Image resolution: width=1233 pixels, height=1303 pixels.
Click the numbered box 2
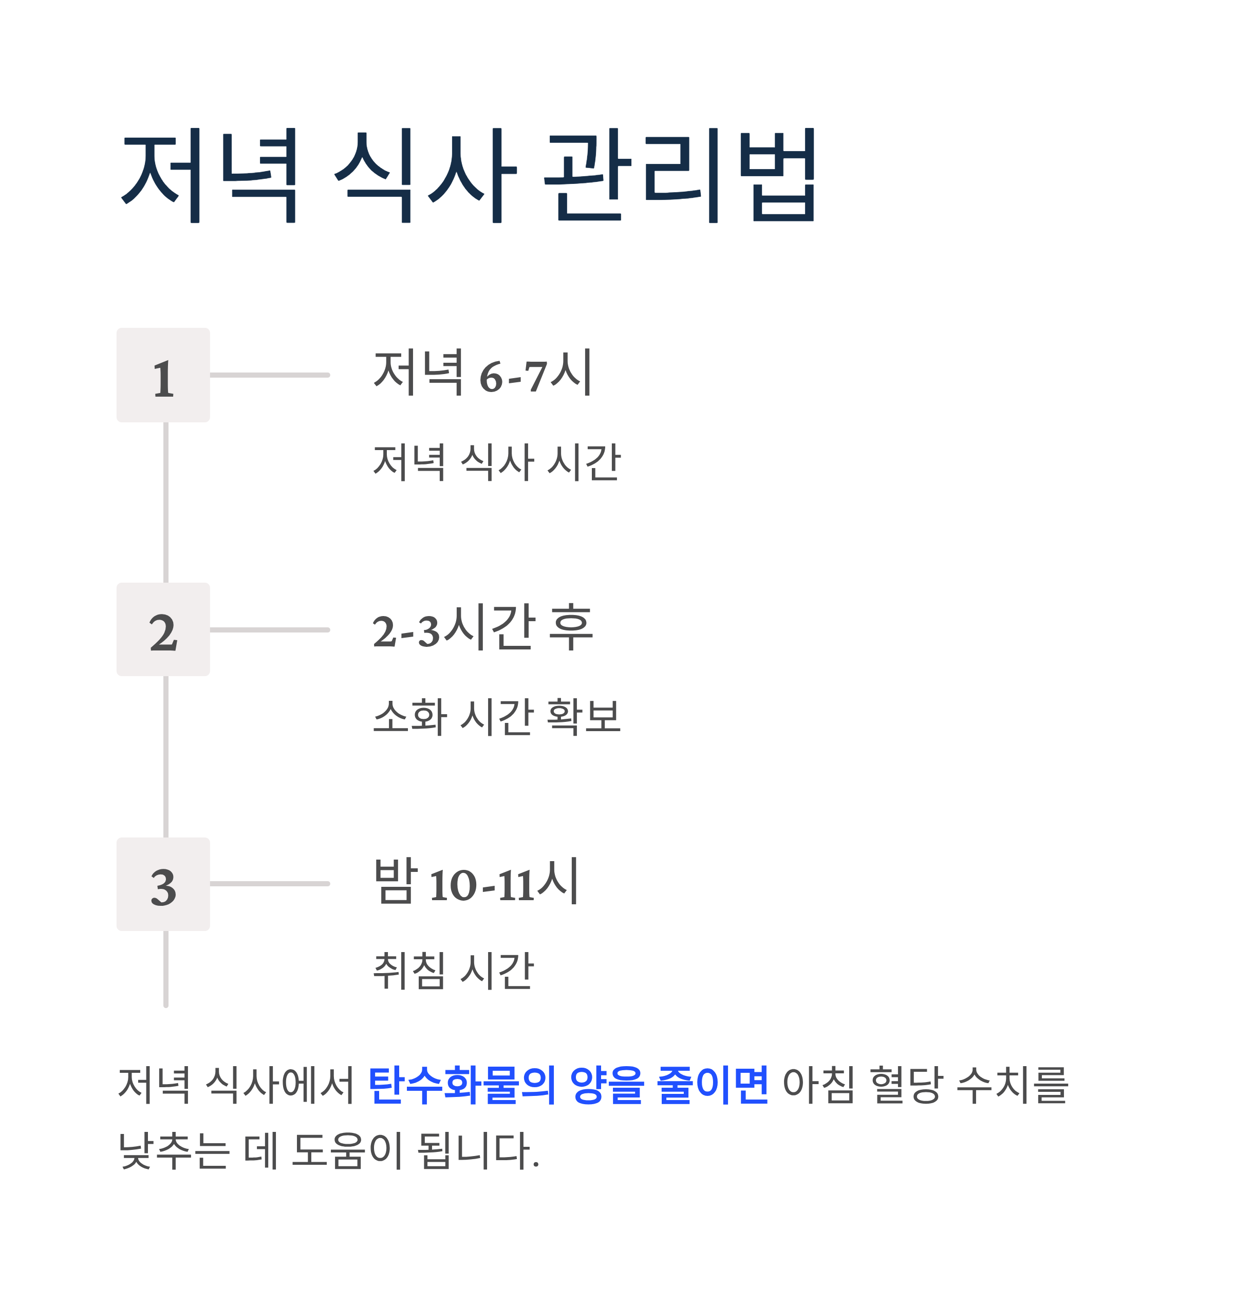(163, 630)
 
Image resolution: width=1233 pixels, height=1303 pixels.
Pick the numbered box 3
(163, 884)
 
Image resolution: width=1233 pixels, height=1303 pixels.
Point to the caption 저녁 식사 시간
(496, 461)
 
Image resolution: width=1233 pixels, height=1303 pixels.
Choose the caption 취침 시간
(454, 971)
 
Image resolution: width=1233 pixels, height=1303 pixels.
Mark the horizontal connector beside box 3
(270, 884)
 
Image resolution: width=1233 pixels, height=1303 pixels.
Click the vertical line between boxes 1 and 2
(165, 503)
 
